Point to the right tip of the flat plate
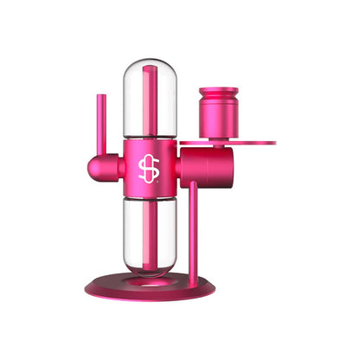coord(273,142)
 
